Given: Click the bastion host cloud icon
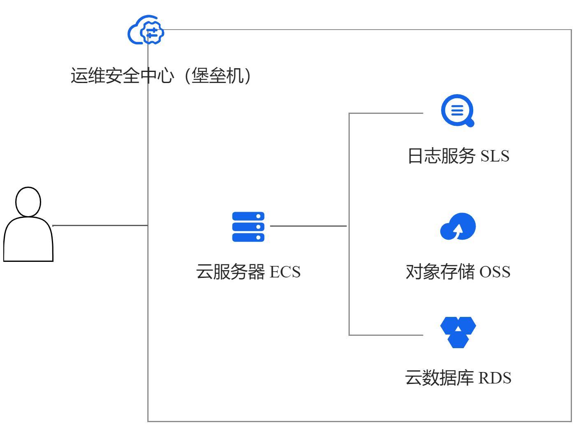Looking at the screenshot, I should [x=146, y=31].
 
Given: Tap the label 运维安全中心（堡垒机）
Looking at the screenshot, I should [x=161, y=76].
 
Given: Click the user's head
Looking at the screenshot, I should [x=28, y=201].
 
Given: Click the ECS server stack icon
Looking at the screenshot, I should [x=248, y=227].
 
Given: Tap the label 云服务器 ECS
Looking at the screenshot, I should [x=248, y=272].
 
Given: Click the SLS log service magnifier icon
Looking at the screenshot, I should [x=458, y=111].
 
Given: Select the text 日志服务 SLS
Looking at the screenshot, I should [x=458, y=156].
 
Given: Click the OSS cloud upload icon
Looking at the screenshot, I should [x=458, y=226].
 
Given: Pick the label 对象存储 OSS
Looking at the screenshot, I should [x=458, y=272].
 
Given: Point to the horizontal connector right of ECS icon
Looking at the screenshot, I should [x=309, y=226].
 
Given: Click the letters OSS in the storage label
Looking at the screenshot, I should [x=495, y=272].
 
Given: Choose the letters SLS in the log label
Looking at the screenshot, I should [x=495, y=156].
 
